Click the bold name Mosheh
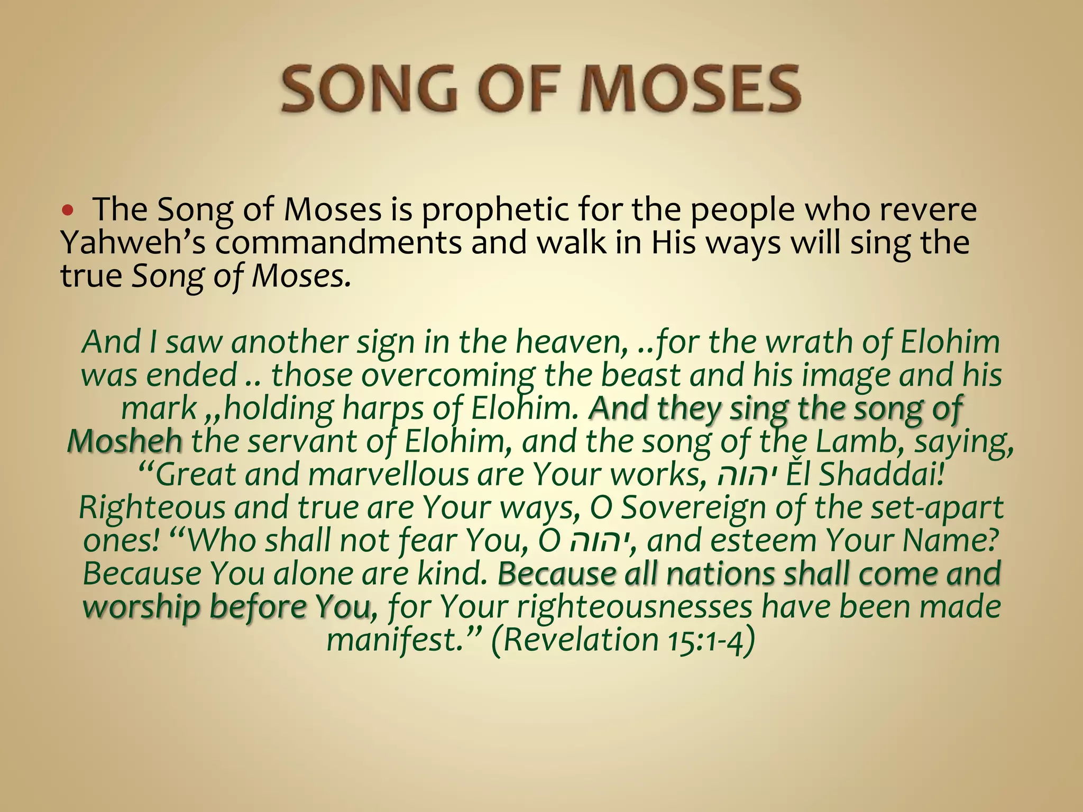[x=125, y=441]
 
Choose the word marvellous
[x=388, y=474]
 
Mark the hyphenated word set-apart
[x=909, y=508]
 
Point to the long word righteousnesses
[x=634, y=607]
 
